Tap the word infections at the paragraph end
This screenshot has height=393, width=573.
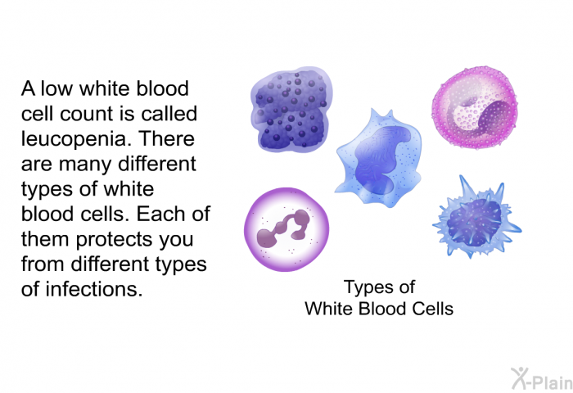click(x=93, y=289)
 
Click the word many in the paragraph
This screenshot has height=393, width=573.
click(x=85, y=165)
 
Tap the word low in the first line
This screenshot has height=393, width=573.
click(x=56, y=88)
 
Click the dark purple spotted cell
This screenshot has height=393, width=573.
click(x=291, y=109)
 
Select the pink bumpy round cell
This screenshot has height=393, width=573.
click(x=475, y=107)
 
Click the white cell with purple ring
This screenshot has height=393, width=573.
click(x=286, y=229)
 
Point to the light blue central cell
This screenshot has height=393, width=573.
click(x=378, y=158)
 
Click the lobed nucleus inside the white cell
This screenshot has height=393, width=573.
click(x=283, y=228)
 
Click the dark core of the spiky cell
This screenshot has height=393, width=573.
click(x=474, y=222)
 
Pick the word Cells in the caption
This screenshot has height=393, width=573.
click(x=433, y=309)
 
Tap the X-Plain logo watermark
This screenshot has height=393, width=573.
click(x=541, y=379)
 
